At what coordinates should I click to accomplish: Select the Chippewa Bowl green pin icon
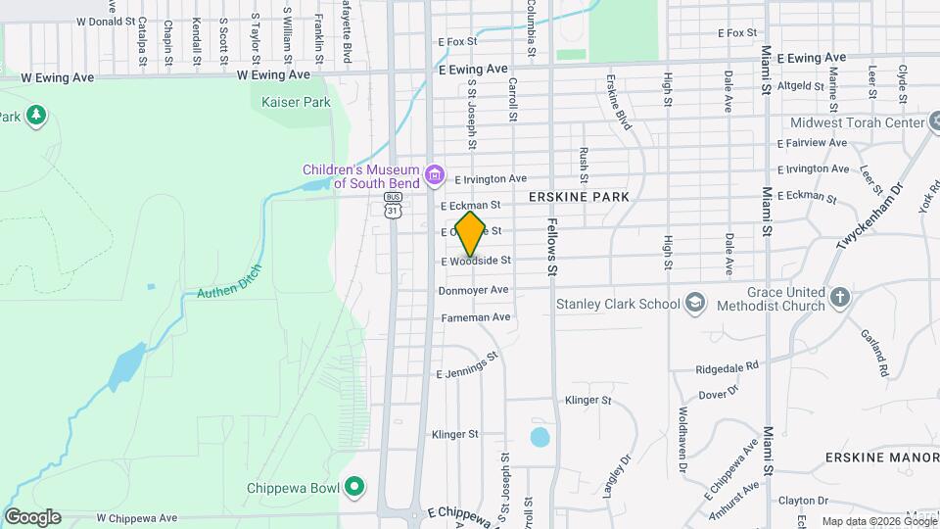point(354,487)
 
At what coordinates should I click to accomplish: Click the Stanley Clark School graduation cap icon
point(695,303)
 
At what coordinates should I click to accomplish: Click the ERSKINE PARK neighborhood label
point(578,197)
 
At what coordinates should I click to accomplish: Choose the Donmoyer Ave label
point(474,290)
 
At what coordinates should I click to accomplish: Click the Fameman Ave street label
point(476,316)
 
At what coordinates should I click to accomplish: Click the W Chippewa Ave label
point(137,517)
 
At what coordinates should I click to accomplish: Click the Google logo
point(32,516)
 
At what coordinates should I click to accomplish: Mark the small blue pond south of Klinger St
point(540,436)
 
